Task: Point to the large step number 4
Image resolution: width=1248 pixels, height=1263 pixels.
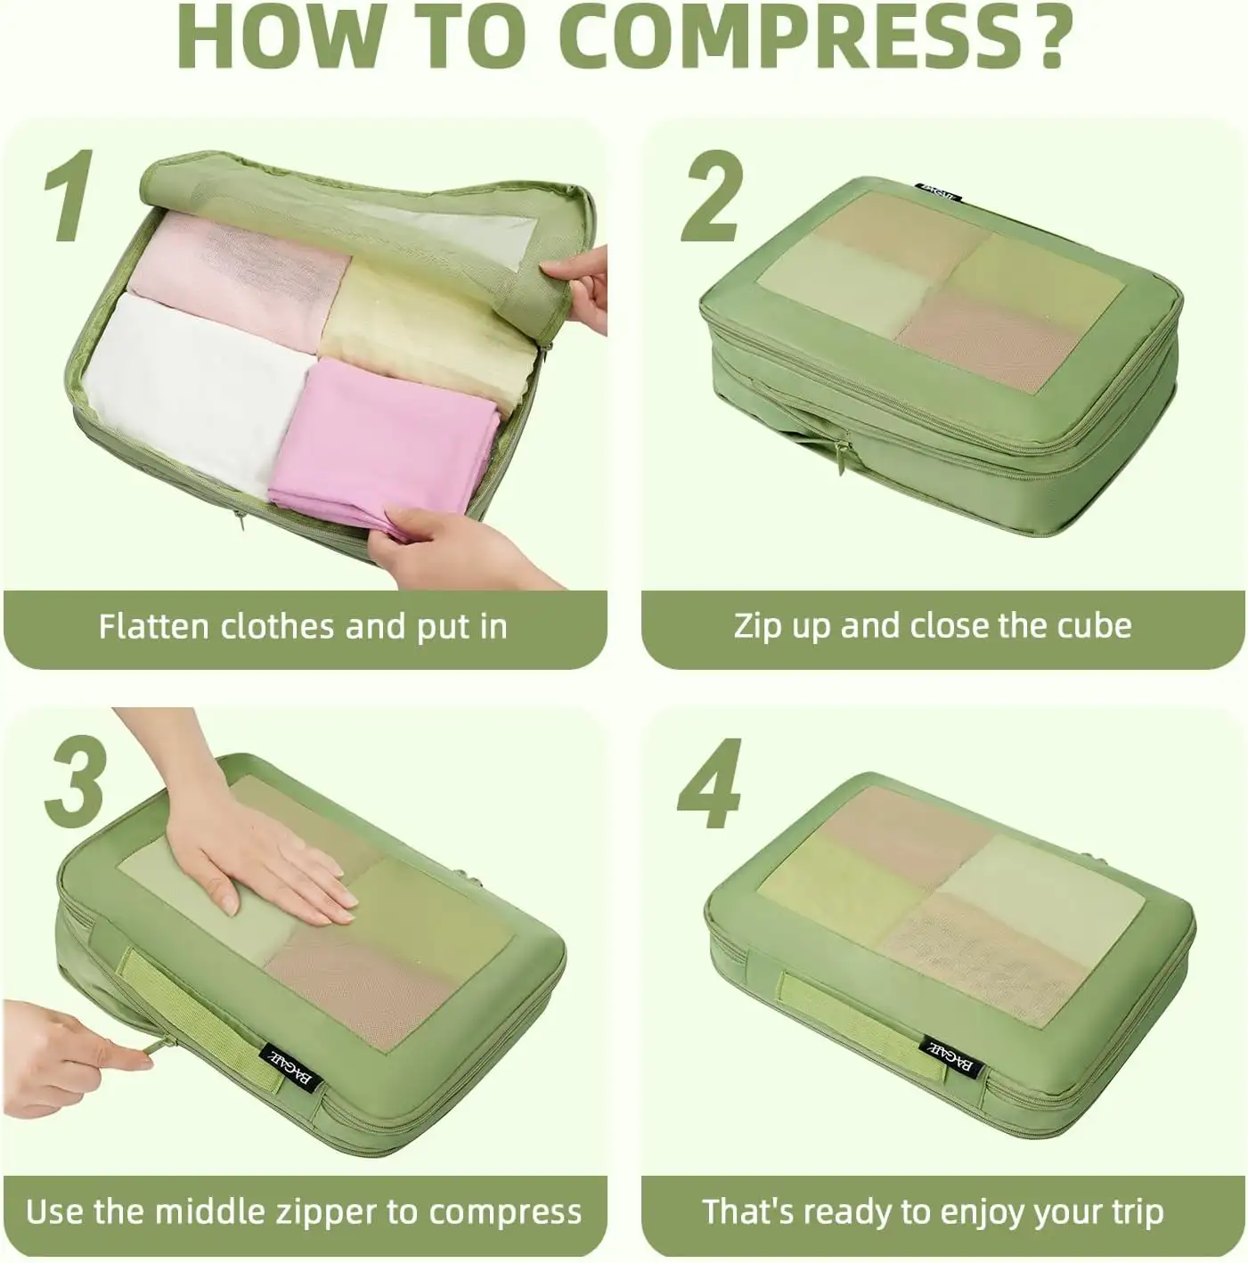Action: tap(710, 784)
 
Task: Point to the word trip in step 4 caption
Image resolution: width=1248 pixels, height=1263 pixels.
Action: tap(1133, 1211)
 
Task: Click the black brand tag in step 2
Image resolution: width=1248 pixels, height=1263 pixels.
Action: tap(939, 190)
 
